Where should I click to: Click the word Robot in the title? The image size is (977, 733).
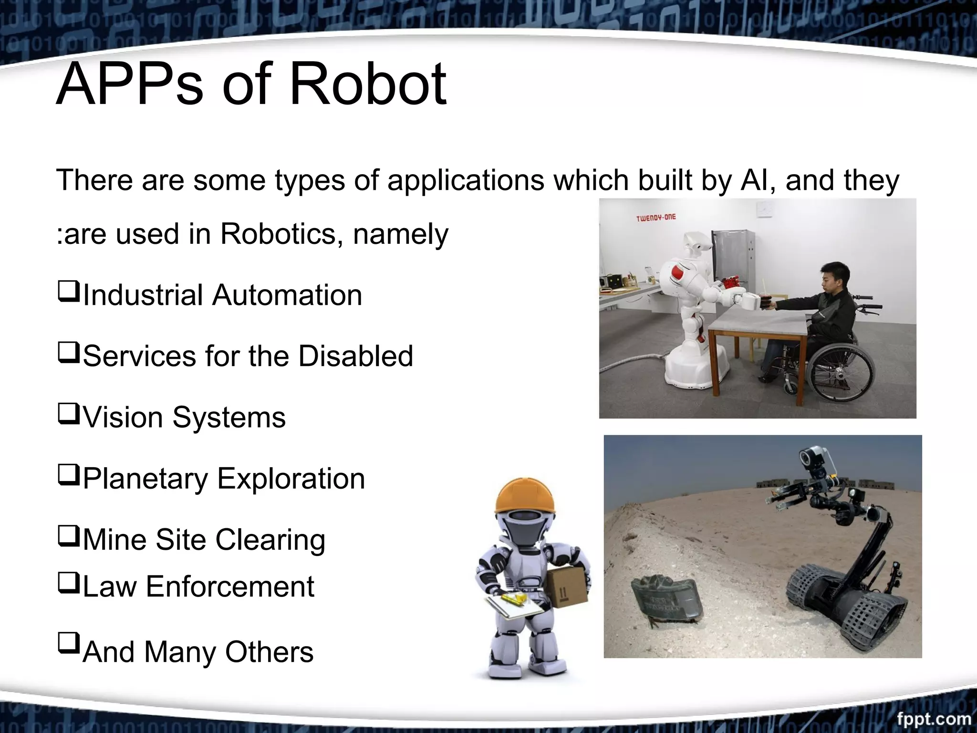(x=368, y=85)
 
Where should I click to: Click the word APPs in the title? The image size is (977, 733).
(x=129, y=85)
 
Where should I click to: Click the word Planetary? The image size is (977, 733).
(x=145, y=479)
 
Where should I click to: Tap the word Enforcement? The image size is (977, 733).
(x=230, y=586)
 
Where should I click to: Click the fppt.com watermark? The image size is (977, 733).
(x=934, y=718)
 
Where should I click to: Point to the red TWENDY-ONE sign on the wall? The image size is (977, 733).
(x=655, y=218)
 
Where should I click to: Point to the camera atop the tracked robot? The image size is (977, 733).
(x=816, y=458)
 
